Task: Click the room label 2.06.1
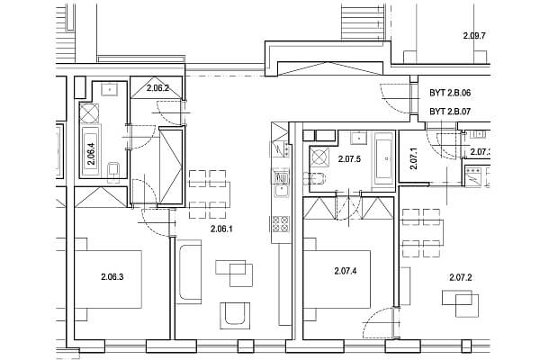[x=220, y=229]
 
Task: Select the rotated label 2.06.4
[x=91, y=157]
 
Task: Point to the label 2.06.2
[x=158, y=87]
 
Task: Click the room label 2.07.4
[x=346, y=271]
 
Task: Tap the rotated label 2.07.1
[x=413, y=160]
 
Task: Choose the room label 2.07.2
[x=461, y=276]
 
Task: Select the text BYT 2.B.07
[x=457, y=111]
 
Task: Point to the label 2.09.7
[x=473, y=37]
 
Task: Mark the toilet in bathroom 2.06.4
[x=112, y=169]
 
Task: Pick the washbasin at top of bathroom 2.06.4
[x=110, y=88]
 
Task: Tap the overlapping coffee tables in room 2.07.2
[x=467, y=306]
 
